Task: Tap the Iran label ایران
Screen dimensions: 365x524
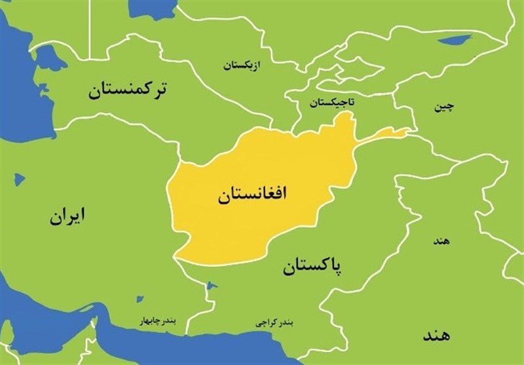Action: click(67, 216)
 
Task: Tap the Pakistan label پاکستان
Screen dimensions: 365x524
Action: click(314, 266)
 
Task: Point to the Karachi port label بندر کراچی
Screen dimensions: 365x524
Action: click(274, 323)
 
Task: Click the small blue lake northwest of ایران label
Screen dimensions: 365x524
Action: click(19, 178)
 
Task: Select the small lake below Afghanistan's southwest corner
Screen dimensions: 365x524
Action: click(210, 286)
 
